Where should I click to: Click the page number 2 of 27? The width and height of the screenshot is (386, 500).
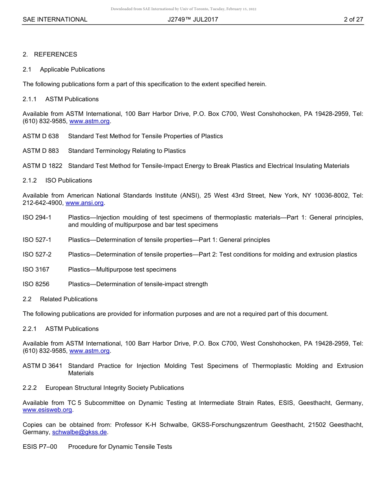coord(353,20)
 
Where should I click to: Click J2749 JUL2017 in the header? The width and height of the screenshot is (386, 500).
coord(193,20)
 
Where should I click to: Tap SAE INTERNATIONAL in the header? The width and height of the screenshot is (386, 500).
coord(55,20)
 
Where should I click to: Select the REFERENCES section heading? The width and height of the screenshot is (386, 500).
coord(55,54)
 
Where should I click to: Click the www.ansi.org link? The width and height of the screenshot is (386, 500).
coord(85,203)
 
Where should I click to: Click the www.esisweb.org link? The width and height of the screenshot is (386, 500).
coord(47,410)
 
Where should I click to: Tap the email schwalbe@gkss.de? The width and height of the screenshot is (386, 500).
coord(80,432)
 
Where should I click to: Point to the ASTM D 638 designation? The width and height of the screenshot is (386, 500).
coord(41,136)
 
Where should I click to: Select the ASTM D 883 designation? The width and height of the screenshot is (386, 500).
coord(41,151)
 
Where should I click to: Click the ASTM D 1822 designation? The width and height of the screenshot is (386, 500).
coord(43,166)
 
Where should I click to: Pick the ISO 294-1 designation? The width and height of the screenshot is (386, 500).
coord(37,217)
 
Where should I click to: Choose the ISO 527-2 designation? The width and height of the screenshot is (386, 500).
coord(37,254)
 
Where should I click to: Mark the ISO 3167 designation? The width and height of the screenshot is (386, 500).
coord(36,270)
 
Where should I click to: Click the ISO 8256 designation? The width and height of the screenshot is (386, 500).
coord(36,284)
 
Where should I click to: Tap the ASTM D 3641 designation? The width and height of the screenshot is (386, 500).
coord(43,366)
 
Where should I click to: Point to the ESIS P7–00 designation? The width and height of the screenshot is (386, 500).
coord(40,447)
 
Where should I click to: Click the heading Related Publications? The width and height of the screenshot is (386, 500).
coord(69,299)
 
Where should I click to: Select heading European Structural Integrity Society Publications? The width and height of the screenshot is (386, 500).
coord(115,388)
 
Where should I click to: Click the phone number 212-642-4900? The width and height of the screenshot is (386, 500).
coord(43,203)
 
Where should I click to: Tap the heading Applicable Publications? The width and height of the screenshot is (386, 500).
coord(72,70)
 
